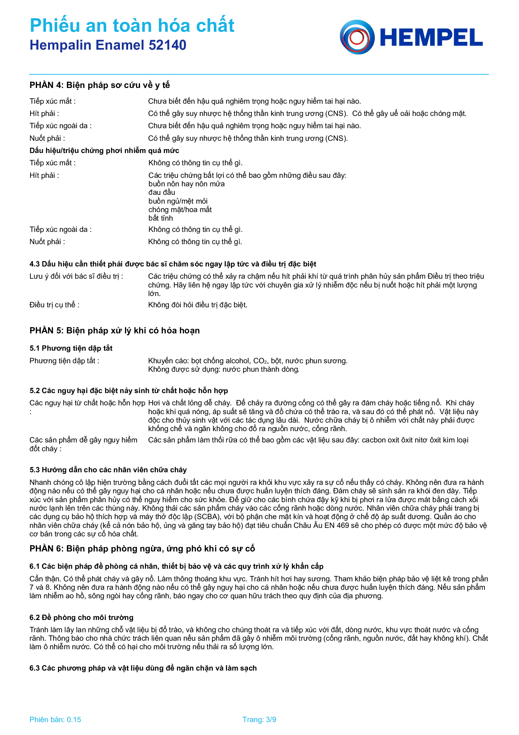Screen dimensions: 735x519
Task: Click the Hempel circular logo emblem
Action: click(x=357, y=37)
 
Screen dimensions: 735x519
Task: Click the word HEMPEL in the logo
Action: click(x=431, y=38)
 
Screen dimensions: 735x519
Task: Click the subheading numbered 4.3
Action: click(x=173, y=264)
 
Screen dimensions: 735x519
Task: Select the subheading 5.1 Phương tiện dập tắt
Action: click(x=71, y=348)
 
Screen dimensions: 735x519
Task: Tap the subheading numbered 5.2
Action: click(x=128, y=391)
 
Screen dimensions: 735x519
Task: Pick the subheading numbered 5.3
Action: click(x=108, y=469)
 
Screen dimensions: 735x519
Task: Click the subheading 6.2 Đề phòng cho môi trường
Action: click(x=81, y=617)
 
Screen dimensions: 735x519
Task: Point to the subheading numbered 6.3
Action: click(x=143, y=668)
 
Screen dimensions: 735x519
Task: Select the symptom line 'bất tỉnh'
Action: click(x=160, y=218)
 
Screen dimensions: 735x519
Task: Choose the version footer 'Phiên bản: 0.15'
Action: click(x=55, y=719)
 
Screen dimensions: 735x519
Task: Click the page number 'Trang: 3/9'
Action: click(x=259, y=719)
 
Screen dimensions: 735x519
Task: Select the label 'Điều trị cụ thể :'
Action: click(x=54, y=305)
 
